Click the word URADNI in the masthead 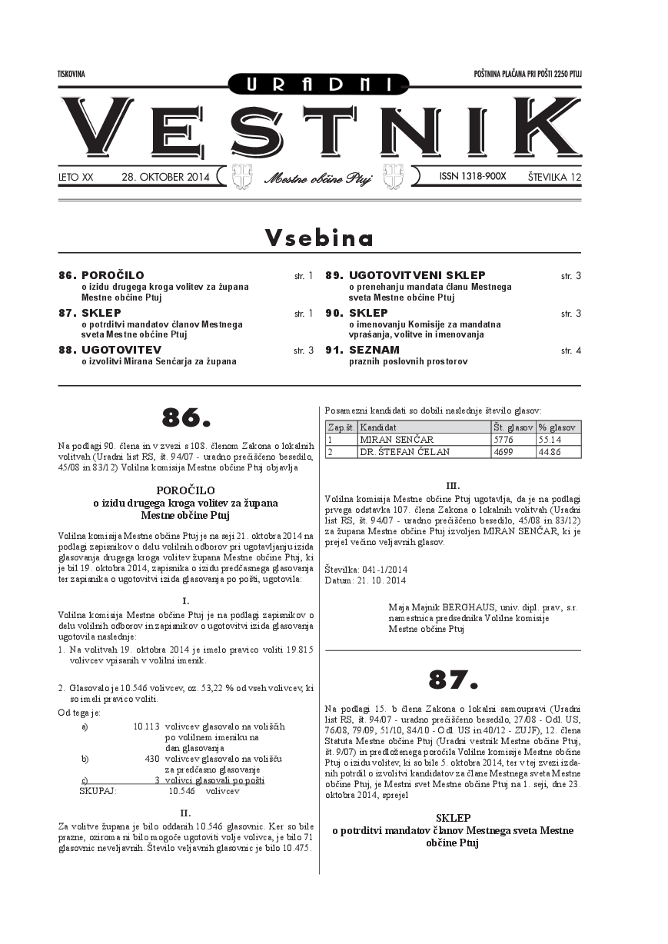pyautogui.click(x=319, y=84)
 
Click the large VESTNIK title pyautogui.click(x=319, y=128)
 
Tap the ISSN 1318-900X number pyautogui.click(x=473, y=177)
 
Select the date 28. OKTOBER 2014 pyautogui.click(x=165, y=177)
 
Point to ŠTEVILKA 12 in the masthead pyautogui.click(x=554, y=177)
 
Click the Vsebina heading pyautogui.click(x=319, y=238)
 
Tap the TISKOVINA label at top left pyautogui.click(x=71, y=74)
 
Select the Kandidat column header pyautogui.click(x=378, y=427)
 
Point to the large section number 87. pyautogui.click(x=453, y=680)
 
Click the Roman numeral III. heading pyautogui.click(x=453, y=486)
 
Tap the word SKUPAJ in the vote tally pyautogui.click(x=98, y=790)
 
